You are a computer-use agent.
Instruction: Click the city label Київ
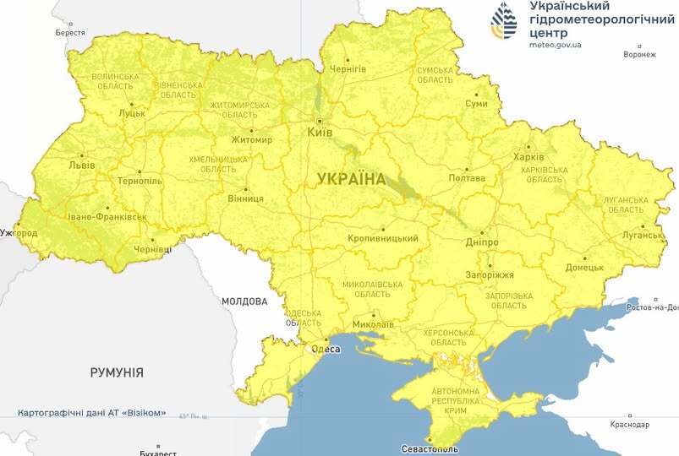click(320, 133)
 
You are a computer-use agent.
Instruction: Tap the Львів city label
click(83, 166)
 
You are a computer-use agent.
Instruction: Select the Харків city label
click(528, 157)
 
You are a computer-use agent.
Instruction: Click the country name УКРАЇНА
click(351, 179)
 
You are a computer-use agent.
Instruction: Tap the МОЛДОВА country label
click(244, 301)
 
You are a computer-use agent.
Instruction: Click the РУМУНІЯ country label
click(117, 372)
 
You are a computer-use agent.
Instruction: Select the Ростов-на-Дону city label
click(650, 308)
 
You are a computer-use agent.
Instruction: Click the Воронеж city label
click(638, 55)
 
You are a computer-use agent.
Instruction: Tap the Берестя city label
click(70, 32)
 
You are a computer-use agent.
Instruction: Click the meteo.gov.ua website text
click(556, 46)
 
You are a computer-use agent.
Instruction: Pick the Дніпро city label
click(481, 242)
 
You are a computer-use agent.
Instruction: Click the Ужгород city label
click(19, 232)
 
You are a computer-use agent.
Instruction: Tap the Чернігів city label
click(348, 68)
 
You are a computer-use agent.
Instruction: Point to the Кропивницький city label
click(383, 239)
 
